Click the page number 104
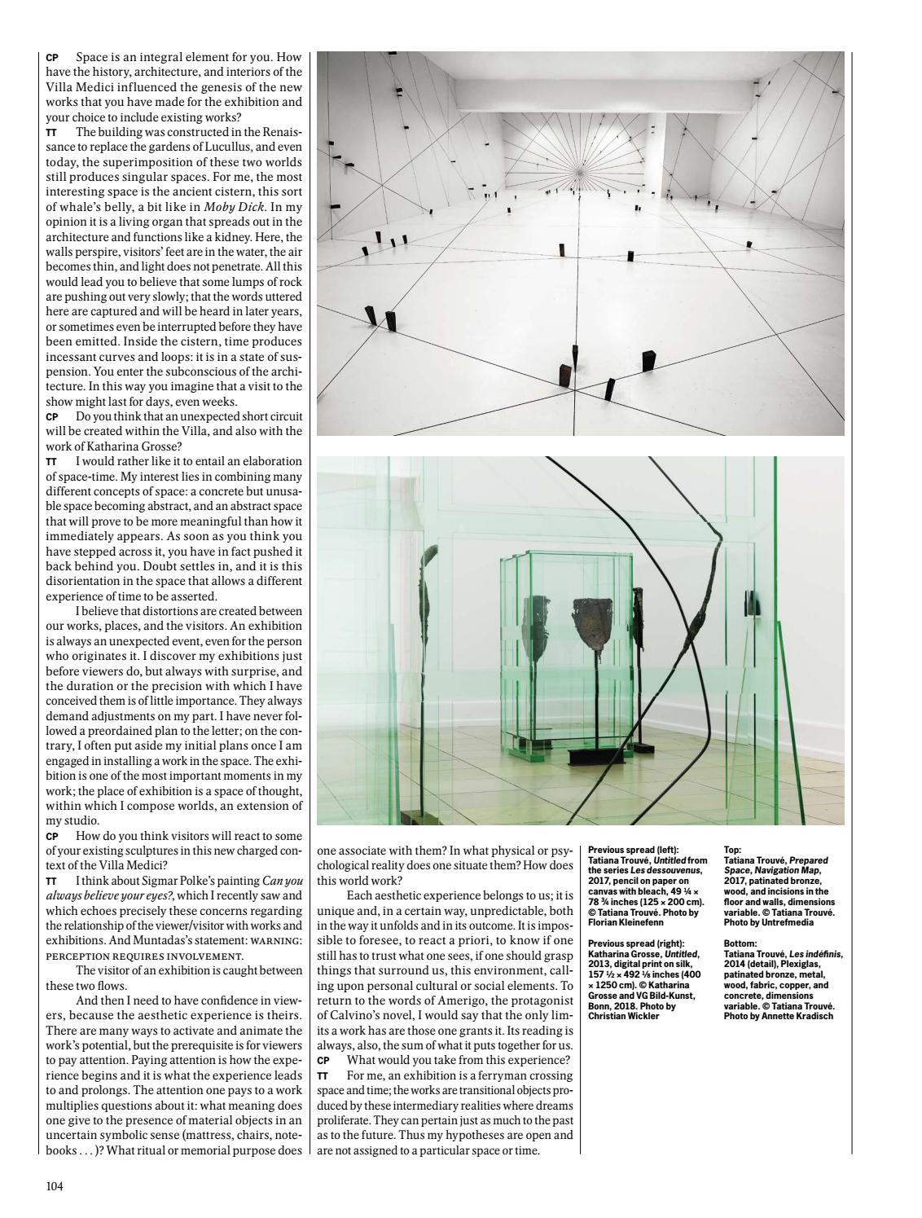tap(54, 1185)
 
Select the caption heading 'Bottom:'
tap(740, 943)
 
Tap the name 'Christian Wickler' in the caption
tap(622, 1017)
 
